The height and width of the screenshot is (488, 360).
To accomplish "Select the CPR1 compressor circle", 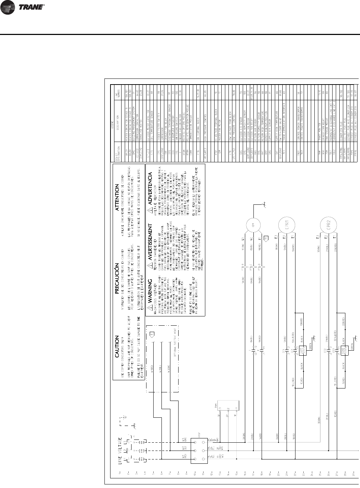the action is coord(284,225).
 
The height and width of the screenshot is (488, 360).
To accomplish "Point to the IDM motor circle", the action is coord(252,226).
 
